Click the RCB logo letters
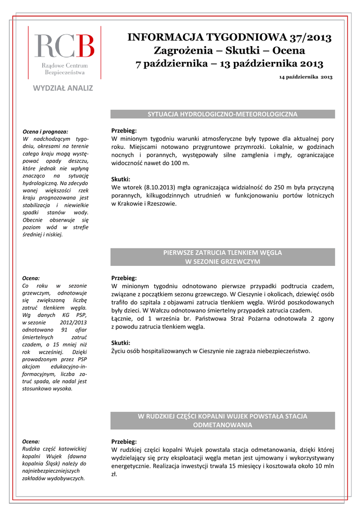click(x=64, y=46)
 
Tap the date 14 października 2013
click(x=305, y=77)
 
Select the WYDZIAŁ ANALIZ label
click(x=63, y=88)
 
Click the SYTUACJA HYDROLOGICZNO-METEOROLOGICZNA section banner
click(x=222, y=114)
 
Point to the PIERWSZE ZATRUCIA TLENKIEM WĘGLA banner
click(x=222, y=253)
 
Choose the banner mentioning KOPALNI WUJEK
click(x=222, y=416)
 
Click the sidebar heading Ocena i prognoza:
click(x=46, y=131)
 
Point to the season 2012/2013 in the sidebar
click(x=72, y=322)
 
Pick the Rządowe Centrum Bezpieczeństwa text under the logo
click(x=65, y=69)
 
